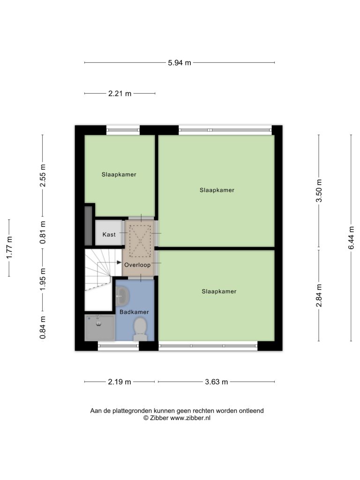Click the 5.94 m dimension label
[x=180, y=63]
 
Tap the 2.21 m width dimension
[x=120, y=93]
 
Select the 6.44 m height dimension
[x=351, y=238]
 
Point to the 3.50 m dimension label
[x=319, y=190]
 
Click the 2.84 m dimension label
[x=319, y=295]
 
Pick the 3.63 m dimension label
[x=217, y=382]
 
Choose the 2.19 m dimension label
[x=120, y=382]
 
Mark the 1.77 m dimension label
[x=9, y=247]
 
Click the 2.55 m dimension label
[x=43, y=175]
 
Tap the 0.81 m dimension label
[x=43, y=232]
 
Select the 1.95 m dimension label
[x=43, y=279]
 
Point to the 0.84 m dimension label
[x=43, y=328]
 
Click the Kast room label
[x=109, y=234]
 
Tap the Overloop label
[x=137, y=265]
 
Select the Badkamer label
[x=134, y=312]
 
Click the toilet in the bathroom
[x=140, y=329]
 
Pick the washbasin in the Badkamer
[x=122, y=296]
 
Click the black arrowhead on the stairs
[x=120, y=262]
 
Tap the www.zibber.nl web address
[x=190, y=418]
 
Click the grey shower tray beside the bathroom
[x=100, y=328]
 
